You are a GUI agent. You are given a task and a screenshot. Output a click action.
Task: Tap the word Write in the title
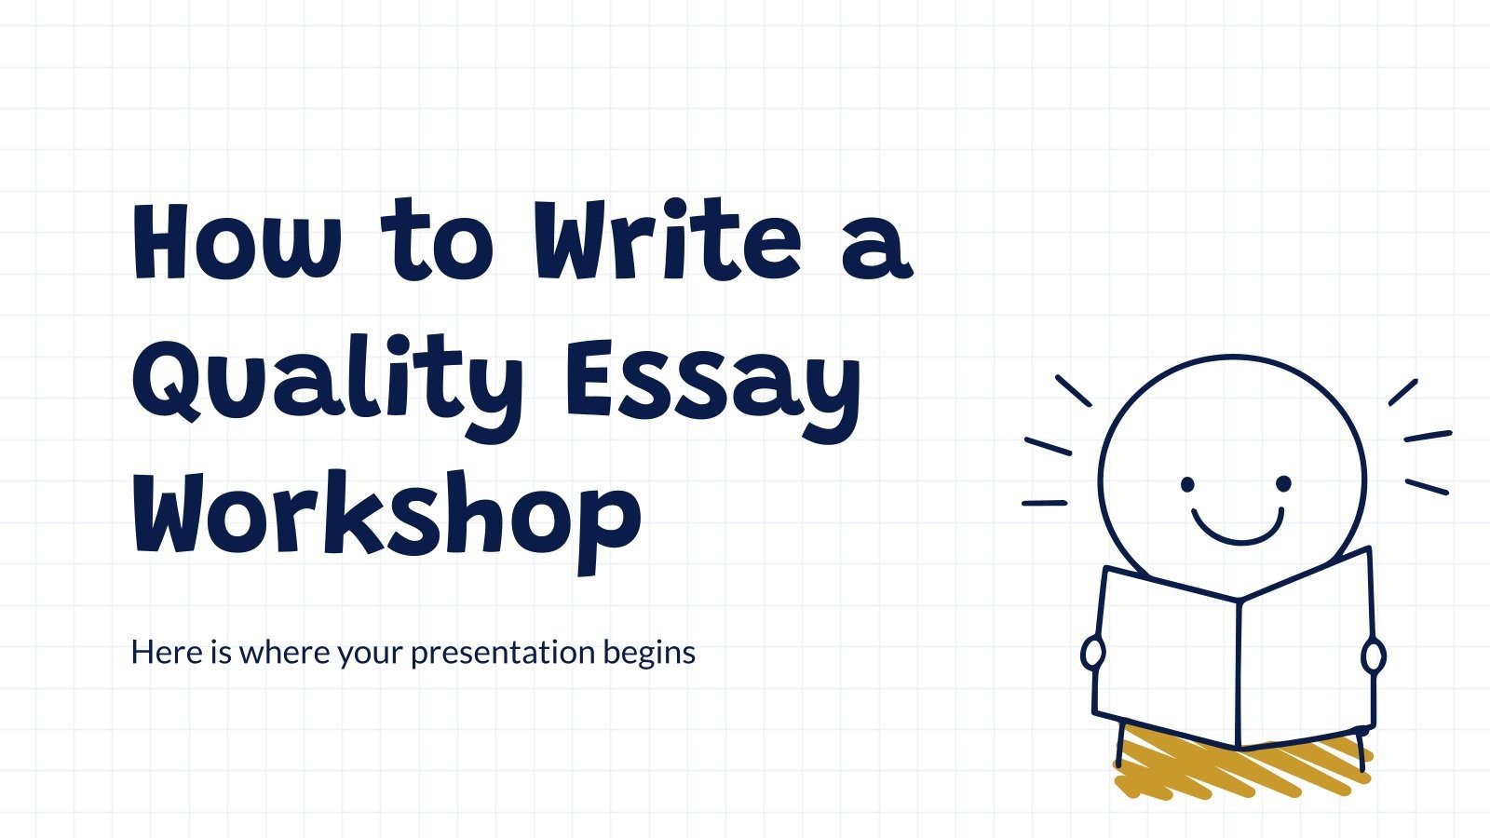pyautogui.click(x=666, y=240)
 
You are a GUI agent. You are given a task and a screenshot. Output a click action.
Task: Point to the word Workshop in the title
pyautogui.click(x=386, y=517)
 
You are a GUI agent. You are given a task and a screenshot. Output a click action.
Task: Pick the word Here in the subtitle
pyautogui.click(x=166, y=652)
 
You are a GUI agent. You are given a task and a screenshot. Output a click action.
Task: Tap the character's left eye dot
pyautogui.click(x=1187, y=484)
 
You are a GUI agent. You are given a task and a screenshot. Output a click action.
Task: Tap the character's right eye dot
pyautogui.click(x=1283, y=484)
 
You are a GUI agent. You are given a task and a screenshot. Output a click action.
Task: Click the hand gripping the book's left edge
pyautogui.click(x=1092, y=654)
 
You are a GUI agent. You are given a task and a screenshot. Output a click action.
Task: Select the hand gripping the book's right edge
pyautogui.click(x=1374, y=656)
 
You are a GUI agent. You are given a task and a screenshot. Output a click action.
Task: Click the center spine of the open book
pyautogui.click(x=1239, y=670)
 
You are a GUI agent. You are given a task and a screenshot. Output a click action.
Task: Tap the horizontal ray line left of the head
pyautogui.click(x=1044, y=503)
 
